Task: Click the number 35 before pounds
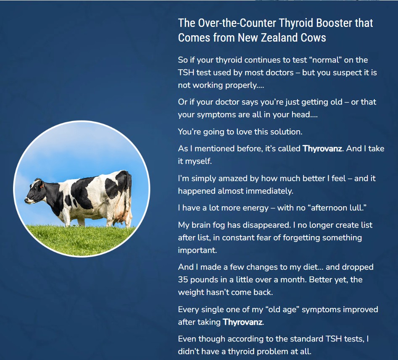(184, 279)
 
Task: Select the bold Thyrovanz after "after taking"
(242, 322)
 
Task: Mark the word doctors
(279, 72)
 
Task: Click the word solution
(287, 131)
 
